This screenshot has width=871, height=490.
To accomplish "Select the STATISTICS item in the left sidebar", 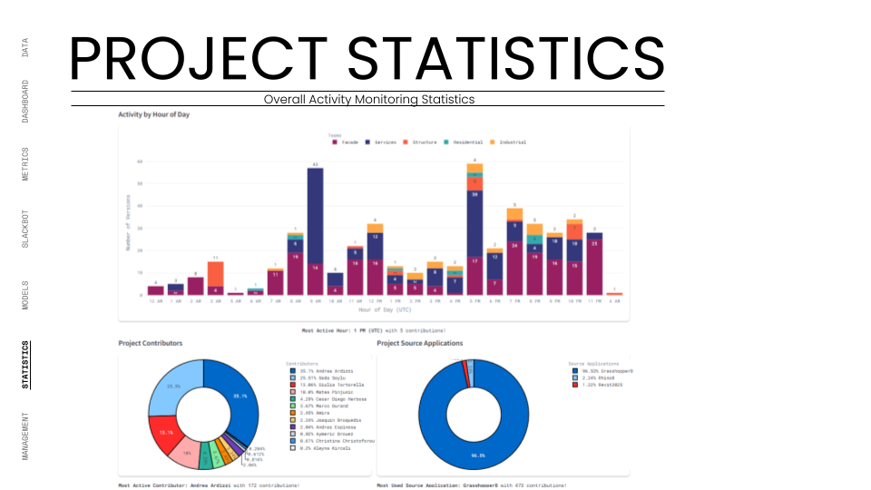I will (25, 365).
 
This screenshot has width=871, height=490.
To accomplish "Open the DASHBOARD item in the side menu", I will (25, 102).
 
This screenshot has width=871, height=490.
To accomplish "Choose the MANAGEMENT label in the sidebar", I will (25, 436).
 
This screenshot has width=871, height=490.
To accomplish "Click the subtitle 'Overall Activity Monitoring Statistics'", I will (368, 99).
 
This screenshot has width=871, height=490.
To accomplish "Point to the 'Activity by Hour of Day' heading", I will (153, 115).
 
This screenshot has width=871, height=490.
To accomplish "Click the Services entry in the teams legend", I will (383, 142).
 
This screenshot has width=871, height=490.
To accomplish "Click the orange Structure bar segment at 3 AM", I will (215, 273).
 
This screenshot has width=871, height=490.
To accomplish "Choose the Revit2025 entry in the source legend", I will (604, 385).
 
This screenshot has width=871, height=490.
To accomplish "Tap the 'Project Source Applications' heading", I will (419, 344).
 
